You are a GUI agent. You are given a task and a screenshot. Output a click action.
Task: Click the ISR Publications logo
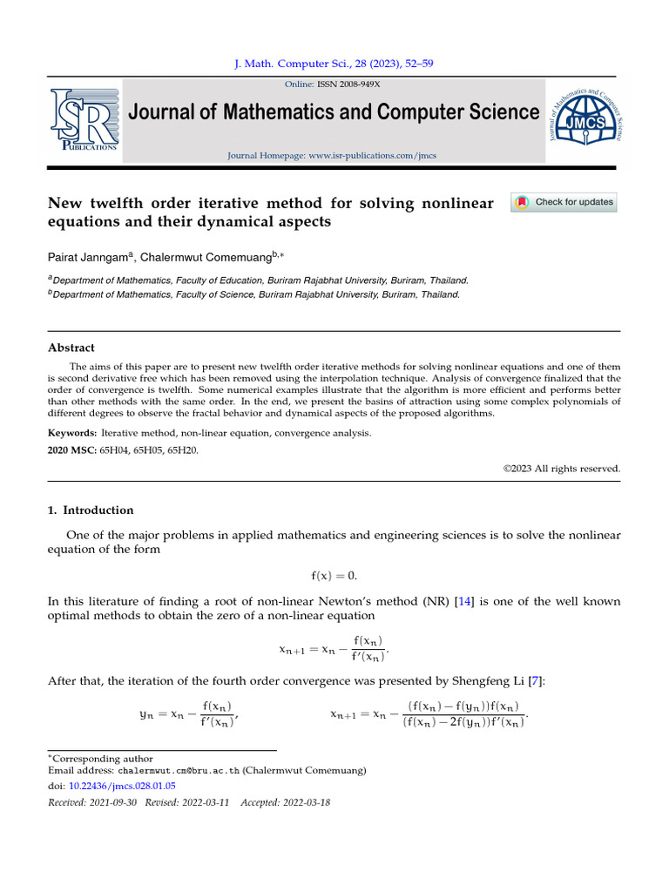tap(84, 119)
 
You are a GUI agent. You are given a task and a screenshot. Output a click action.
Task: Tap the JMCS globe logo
tap(585, 119)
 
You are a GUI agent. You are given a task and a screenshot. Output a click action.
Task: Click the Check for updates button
tap(564, 202)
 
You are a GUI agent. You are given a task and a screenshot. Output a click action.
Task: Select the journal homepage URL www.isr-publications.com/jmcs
tap(372, 156)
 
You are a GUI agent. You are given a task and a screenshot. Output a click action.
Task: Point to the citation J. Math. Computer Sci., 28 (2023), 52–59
tap(334, 64)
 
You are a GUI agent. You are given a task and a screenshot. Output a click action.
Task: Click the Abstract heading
tap(71, 348)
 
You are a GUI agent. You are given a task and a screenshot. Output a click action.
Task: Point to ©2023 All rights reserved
tap(562, 469)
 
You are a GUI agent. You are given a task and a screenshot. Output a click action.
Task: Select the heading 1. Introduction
tap(91, 510)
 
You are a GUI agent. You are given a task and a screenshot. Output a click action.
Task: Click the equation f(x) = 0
tap(334, 576)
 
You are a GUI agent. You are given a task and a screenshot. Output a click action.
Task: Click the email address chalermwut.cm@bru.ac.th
tap(179, 771)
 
